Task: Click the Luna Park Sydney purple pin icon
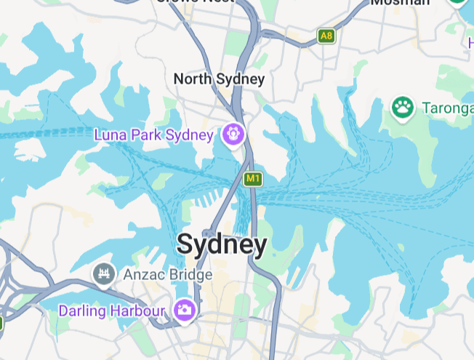233,134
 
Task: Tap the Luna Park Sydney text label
154,135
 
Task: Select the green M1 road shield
252,178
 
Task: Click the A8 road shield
326,35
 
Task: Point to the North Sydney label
219,79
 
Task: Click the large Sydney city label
222,244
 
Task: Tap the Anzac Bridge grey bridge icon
105,274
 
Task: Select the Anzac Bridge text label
167,275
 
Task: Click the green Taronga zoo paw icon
402,108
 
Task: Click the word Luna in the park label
110,135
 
